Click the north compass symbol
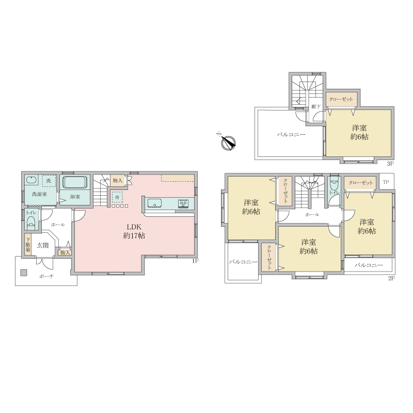pos(228,142)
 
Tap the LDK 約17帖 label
pos(134,231)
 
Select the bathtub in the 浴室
pos(75,183)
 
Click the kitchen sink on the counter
pos(154,203)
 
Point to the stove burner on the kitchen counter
pos(183,203)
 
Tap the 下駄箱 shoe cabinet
pos(28,244)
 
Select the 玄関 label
pos(43,246)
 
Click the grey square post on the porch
pos(24,273)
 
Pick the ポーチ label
pos(46,276)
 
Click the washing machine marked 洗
pos(49,181)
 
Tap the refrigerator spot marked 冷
pos(118,197)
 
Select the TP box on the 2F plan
pos(386,182)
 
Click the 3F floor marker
pos(390,164)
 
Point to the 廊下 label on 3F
pos(316,106)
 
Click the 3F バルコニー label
pos(291,135)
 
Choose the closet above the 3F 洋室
pos(341,99)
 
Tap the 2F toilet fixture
pos(334,185)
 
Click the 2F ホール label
pos(312,215)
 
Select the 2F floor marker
pos(392,278)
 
